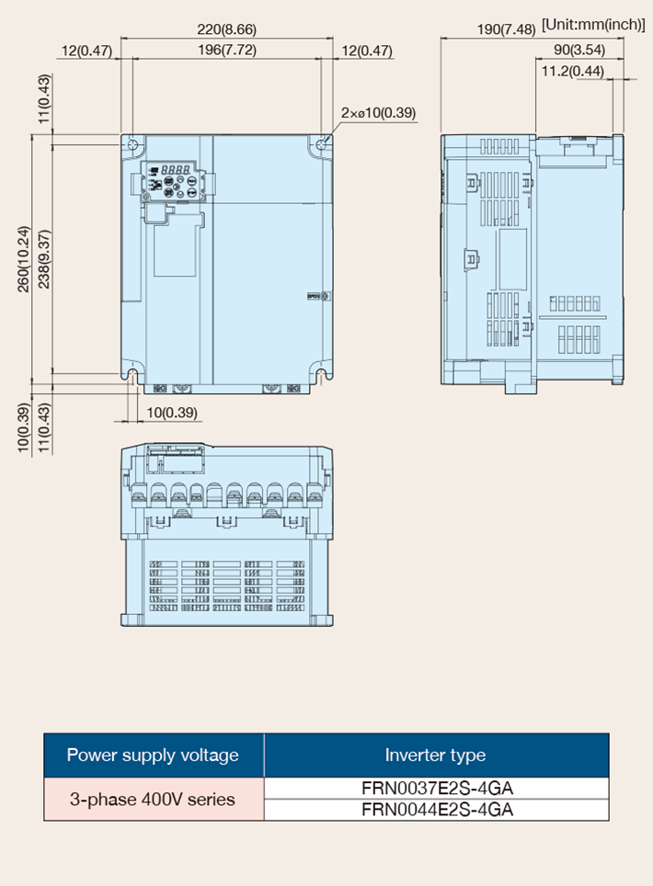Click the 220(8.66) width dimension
227,28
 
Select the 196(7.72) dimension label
227,50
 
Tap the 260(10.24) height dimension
23,259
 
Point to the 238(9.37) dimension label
44,259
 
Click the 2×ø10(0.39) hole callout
378,112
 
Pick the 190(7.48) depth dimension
506,28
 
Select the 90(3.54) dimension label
579,50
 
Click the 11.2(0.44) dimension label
573,71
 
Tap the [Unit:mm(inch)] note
593,25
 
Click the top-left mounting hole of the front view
132,143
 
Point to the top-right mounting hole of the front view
322,143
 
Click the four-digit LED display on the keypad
176,169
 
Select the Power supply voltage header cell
154,755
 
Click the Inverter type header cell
436,755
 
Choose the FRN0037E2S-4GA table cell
437,789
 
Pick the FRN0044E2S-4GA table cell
437,810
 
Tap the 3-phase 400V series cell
154,799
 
